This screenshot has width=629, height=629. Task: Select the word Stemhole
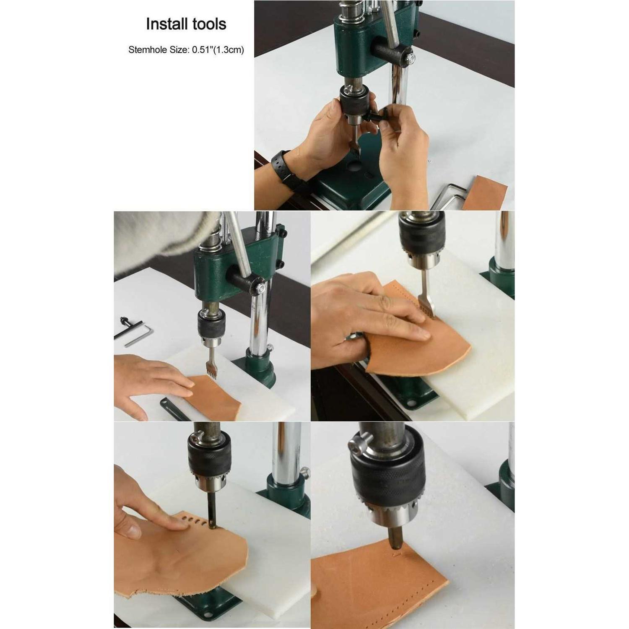click(x=146, y=50)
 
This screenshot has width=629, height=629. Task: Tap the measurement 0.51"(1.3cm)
click(x=218, y=50)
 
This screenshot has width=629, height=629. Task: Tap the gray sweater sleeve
click(x=159, y=235)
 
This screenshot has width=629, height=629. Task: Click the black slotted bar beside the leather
click(x=172, y=409)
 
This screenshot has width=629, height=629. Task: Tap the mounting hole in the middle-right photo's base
click(x=410, y=403)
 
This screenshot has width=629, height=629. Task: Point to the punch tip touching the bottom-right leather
click(x=394, y=545)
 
